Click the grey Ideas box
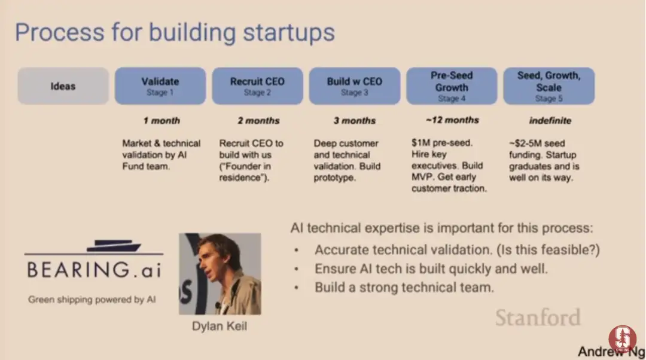click(x=63, y=86)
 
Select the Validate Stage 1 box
click(x=160, y=86)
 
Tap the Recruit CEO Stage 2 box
click(x=257, y=86)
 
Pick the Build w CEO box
click(x=355, y=86)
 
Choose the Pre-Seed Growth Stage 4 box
click(x=452, y=86)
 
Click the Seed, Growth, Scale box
click(x=549, y=86)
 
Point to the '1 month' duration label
click(x=161, y=121)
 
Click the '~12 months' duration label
click(x=452, y=120)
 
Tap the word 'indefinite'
click(x=550, y=121)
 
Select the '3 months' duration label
click(x=355, y=121)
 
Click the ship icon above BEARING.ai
click(x=114, y=246)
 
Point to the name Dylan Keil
click(x=220, y=327)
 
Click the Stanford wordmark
click(x=538, y=318)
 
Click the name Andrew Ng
click(x=611, y=352)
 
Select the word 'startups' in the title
click(x=289, y=32)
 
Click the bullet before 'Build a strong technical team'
click(x=296, y=288)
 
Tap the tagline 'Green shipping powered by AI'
click(x=92, y=300)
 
